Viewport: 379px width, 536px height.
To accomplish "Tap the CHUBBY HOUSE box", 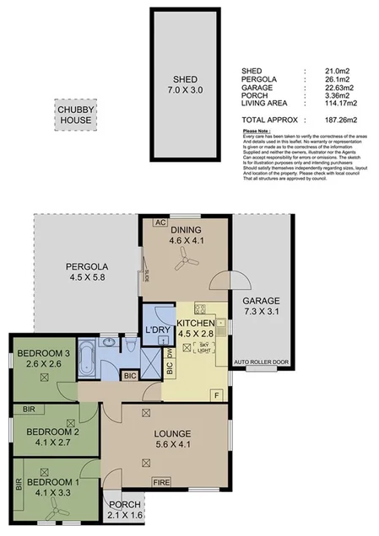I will coord(75,115).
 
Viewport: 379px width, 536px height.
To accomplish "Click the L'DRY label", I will coord(154,329).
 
